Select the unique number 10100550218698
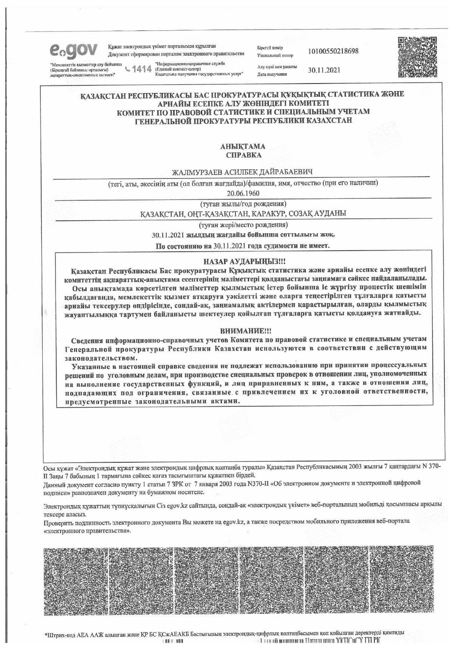click(333, 51)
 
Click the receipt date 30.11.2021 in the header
click(324, 70)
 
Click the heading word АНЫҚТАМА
click(243, 147)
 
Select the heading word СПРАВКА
click(243, 155)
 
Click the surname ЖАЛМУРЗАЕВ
click(197, 173)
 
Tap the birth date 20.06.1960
click(243, 193)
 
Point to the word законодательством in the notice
click(100, 358)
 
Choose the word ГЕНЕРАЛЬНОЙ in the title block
click(163, 121)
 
